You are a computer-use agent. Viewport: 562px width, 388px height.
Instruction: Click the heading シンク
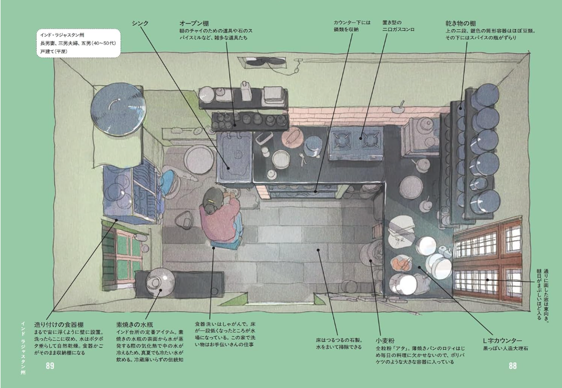coord(140,23)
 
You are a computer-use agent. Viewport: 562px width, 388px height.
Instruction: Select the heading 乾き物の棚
coord(461,23)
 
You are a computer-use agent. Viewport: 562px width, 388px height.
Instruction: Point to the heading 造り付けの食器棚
coord(59,325)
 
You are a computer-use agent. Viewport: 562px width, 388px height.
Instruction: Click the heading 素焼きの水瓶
coord(135,325)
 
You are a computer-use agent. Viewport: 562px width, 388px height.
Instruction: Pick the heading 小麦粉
coord(385,340)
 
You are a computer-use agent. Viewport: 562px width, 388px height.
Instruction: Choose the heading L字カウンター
coord(503,340)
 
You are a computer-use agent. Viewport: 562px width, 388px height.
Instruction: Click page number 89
coord(50,366)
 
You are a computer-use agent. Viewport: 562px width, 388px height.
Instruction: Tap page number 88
coord(513,366)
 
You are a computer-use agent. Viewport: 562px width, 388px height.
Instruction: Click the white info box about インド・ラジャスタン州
coord(79,43)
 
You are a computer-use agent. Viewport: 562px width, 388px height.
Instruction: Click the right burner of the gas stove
coord(370,139)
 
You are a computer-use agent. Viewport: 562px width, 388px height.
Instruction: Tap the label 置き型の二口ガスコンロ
coord(398,26)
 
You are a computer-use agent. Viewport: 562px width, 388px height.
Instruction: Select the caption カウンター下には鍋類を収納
coord(352,26)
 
